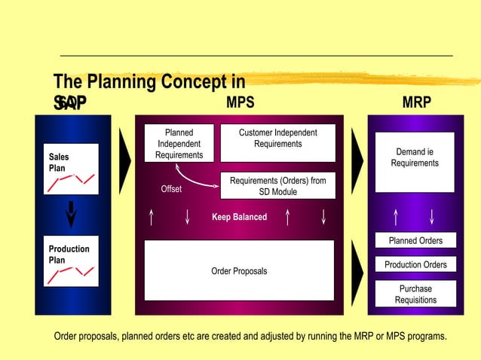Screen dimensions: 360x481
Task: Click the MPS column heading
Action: [x=240, y=102]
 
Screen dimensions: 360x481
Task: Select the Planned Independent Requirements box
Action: [x=179, y=143]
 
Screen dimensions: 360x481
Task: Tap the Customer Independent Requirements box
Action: [x=277, y=143]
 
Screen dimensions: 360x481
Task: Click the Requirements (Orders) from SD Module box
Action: [x=277, y=186]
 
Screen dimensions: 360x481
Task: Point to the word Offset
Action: [x=171, y=189]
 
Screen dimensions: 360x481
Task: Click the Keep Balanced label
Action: [x=239, y=217]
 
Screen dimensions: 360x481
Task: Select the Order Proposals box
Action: [x=239, y=270]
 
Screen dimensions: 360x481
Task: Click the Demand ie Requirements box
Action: [x=415, y=161]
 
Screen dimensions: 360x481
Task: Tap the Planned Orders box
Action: [x=415, y=241]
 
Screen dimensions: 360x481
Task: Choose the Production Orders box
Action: [x=415, y=265]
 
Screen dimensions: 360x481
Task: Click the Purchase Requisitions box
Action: [x=415, y=294]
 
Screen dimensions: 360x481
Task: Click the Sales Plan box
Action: [x=71, y=169]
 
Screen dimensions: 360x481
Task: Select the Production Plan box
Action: [x=71, y=264]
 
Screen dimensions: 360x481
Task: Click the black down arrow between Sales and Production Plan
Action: [x=71, y=214]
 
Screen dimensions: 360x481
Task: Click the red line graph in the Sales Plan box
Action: [x=70, y=182]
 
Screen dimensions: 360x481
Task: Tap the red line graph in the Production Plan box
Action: [x=70, y=275]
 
